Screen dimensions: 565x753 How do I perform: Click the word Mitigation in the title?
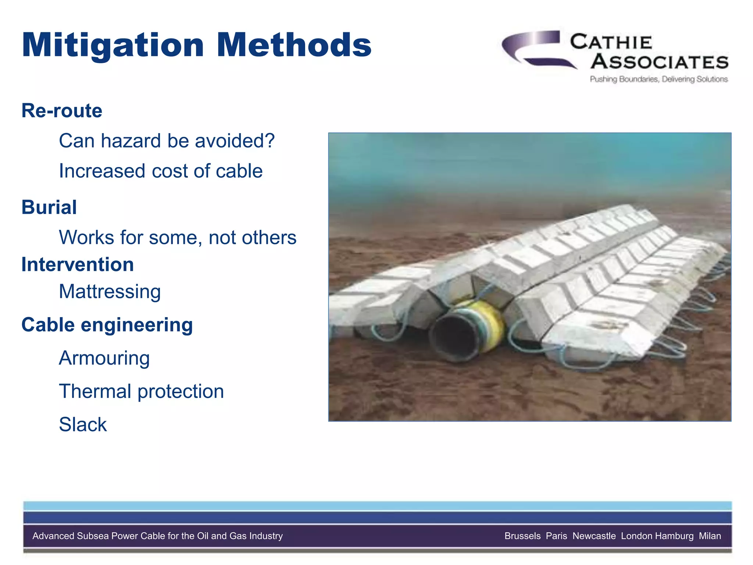tap(113, 45)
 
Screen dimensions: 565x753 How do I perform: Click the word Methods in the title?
tap(294, 45)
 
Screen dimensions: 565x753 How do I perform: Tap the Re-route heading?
tap(62, 111)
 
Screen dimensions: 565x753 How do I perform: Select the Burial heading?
tap(49, 207)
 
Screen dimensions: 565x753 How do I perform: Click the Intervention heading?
tap(78, 264)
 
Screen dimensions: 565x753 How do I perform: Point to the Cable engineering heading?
tap(107, 325)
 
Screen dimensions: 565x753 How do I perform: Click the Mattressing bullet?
tap(110, 292)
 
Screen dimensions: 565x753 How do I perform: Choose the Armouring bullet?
tap(104, 358)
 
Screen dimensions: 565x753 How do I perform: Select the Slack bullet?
tap(83, 424)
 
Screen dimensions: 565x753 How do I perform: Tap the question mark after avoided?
tap(270, 141)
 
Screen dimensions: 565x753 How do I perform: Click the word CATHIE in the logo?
tap(611, 42)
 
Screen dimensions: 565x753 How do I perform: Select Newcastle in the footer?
tap(594, 536)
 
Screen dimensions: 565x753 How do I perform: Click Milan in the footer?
tap(710, 536)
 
